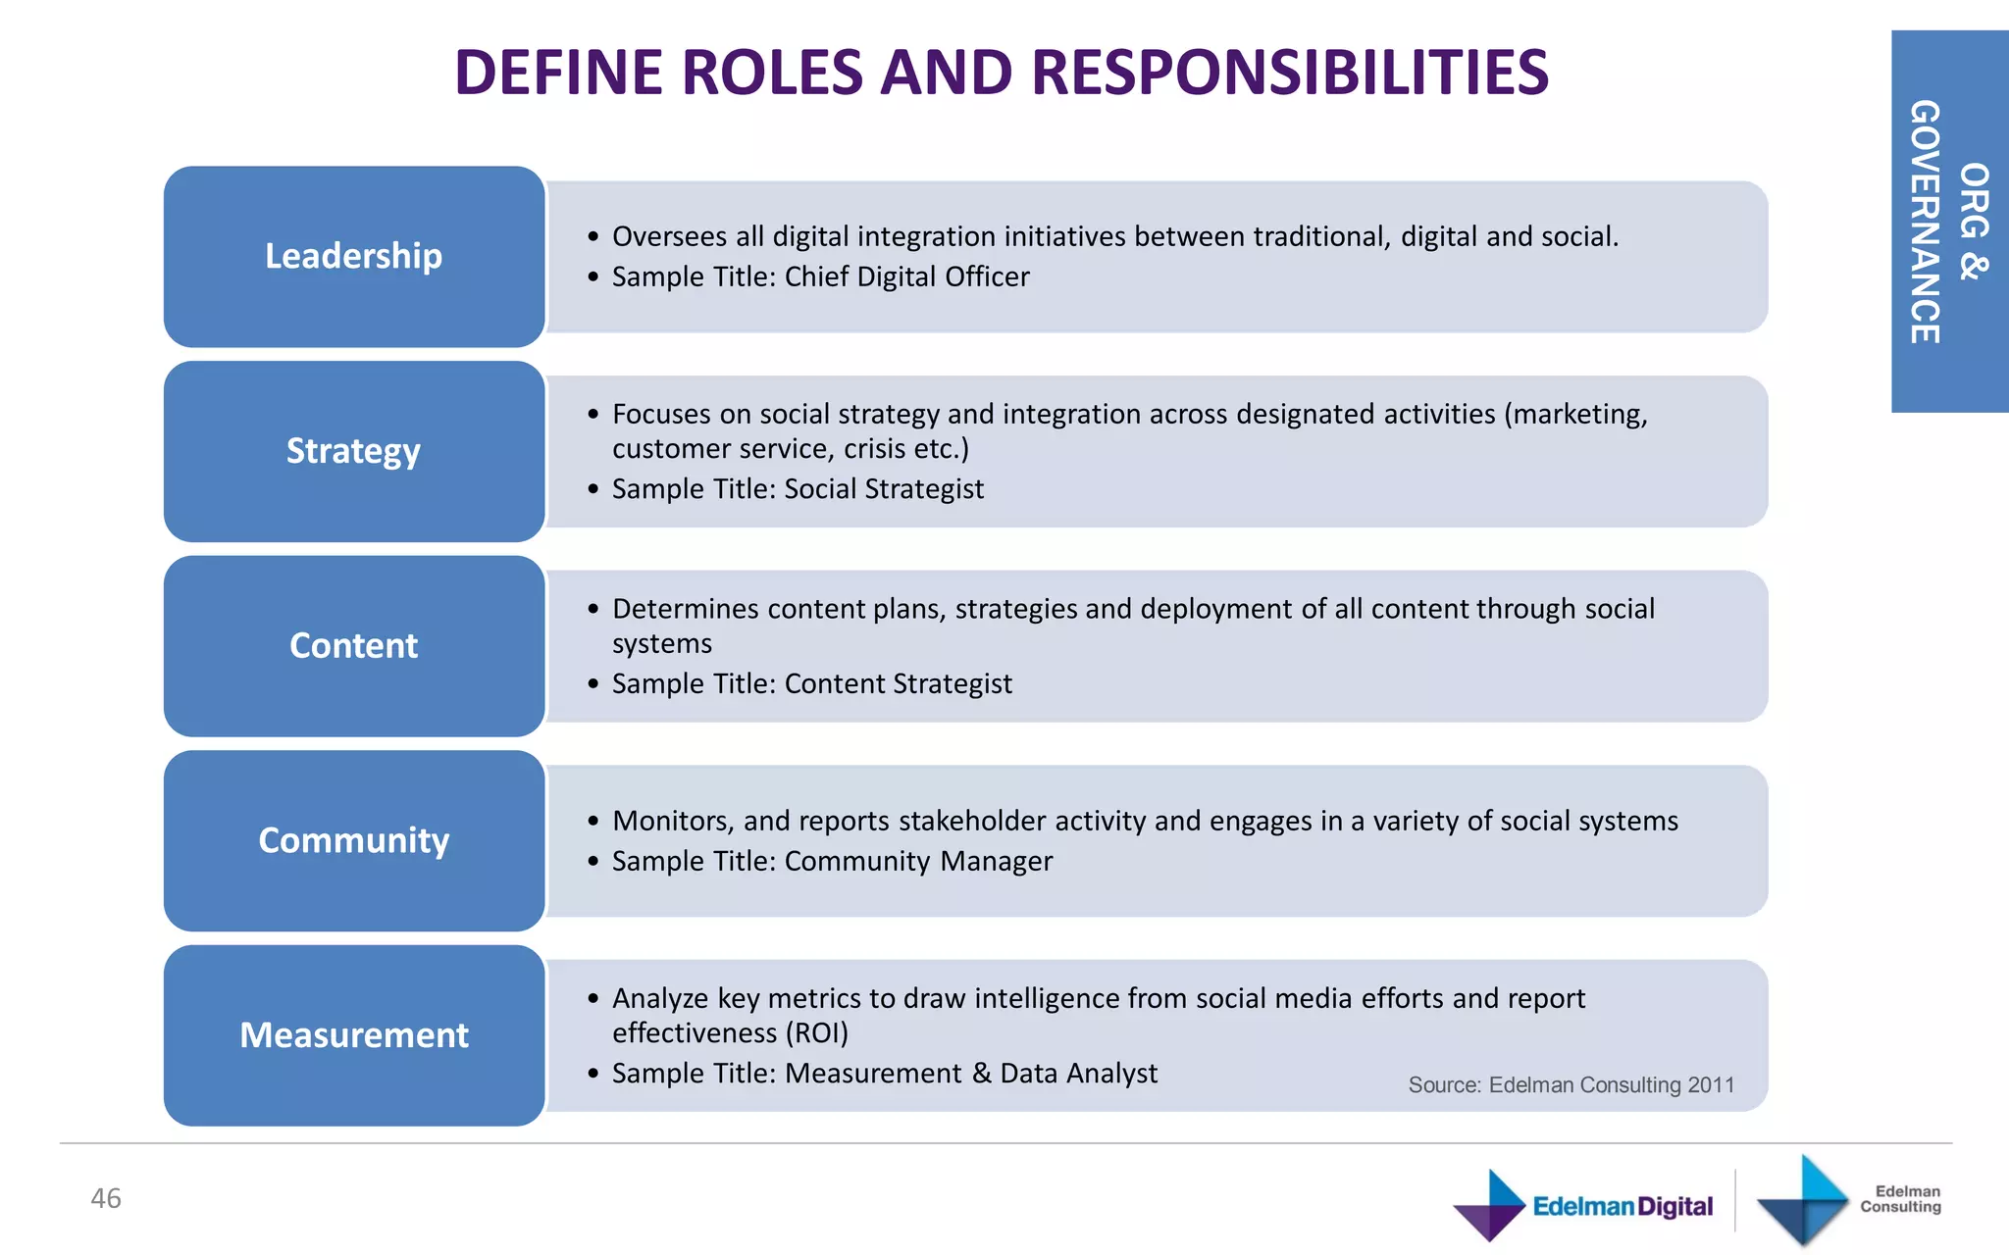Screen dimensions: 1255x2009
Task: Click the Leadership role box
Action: (x=353, y=256)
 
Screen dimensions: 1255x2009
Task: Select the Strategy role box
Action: (x=353, y=451)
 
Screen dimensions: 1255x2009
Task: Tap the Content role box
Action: (x=353, y=646)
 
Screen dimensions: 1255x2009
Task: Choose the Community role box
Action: (x=353, y=840)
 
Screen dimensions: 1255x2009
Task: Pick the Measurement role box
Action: (x=353, y=1035)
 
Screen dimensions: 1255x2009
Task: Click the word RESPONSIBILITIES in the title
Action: (x=1290, y=73)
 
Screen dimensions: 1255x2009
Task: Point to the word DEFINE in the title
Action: (x=558, y=73)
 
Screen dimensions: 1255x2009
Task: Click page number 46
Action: (x=106, y=1198)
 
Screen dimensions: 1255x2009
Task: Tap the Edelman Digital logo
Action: (x=1583, y=1205)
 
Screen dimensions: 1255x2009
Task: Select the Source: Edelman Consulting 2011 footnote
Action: (x=1571, y=1084)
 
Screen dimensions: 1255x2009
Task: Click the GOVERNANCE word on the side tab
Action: (x=1926, y=222)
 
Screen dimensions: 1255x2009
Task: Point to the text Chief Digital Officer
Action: (x=906, y=276)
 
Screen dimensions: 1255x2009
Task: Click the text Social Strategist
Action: (x=884, y=488)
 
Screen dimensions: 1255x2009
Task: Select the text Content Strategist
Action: (x=898, y=683)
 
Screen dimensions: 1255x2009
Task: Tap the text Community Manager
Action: (x=918, y=861)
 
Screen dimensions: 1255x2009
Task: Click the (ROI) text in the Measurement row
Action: (x=816, y=1032)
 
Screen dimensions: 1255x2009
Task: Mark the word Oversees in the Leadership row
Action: (x=670, y=236)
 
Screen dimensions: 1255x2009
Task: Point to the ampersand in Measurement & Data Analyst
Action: (x=981, y=1073)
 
